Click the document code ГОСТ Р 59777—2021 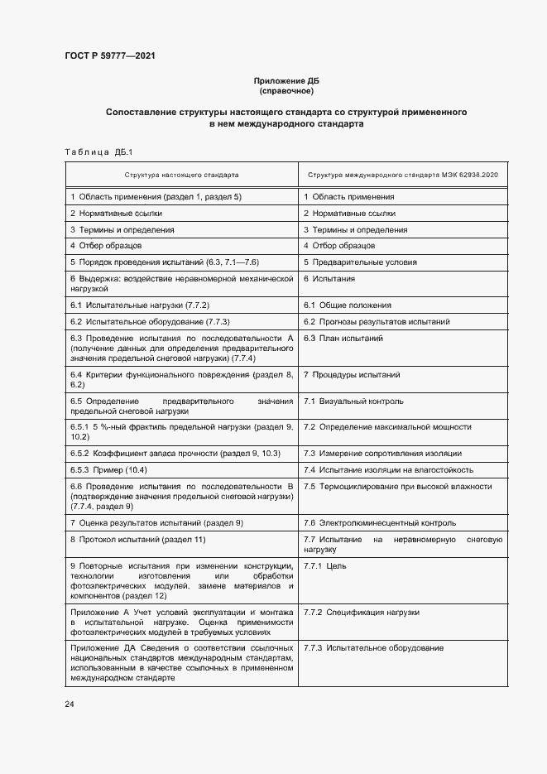coord(109,55)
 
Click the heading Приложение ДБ coord(285,81)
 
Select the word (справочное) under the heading coord(285,91)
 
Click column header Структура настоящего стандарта coord(181,175)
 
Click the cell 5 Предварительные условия coord(360,262)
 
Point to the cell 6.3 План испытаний coord(343,339)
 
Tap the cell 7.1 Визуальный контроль coord(353,401)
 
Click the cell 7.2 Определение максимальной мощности coord(387,426)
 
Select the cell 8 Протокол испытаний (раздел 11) coord(137,540)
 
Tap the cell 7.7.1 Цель coord(324,565)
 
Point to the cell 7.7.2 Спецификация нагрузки coord(361,613)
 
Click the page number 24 coord(70,704)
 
